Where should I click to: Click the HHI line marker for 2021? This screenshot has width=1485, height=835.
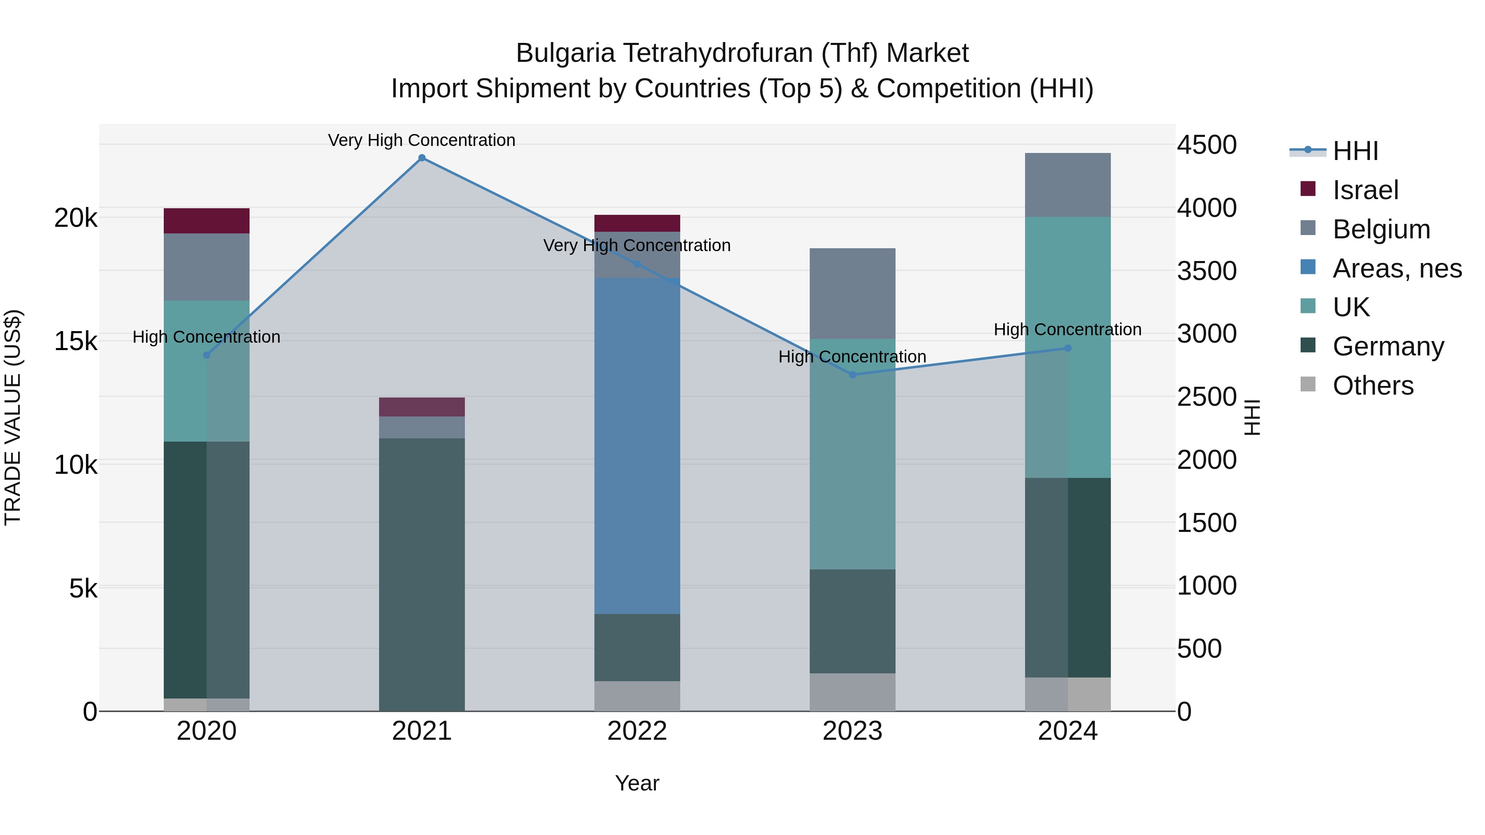tap(422, 158)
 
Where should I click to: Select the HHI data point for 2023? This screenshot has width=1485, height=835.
tap(853, 374)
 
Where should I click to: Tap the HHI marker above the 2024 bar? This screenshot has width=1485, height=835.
tap(1068, 348)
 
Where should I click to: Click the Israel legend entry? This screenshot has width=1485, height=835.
tap(1365, 190)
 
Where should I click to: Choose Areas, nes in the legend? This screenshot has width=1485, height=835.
tap(1397, 268)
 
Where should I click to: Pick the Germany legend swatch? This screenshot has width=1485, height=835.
tap(1308, 346)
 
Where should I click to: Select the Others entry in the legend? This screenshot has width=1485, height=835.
tap(1372, 386)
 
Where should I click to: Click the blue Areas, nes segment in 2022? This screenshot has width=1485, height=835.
tap(637, 446)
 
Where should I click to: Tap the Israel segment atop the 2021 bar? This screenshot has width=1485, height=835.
tap(422, 407)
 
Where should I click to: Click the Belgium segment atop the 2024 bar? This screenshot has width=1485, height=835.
tap(1068, 185)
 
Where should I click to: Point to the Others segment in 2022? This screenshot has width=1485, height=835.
tap(637, 696)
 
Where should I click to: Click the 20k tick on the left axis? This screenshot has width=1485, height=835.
tap(76, 219)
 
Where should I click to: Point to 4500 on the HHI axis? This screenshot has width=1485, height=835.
tap(1207, 145)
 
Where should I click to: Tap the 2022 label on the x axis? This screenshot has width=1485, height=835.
tap(637, 731)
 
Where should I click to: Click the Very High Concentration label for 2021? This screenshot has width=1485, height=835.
tap(422, 140)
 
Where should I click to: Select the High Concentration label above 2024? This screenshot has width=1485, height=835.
tap(1068, 329)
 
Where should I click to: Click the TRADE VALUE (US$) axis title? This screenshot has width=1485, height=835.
tap(13, 417)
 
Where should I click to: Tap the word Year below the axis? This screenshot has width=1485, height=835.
tap(637, 783)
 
